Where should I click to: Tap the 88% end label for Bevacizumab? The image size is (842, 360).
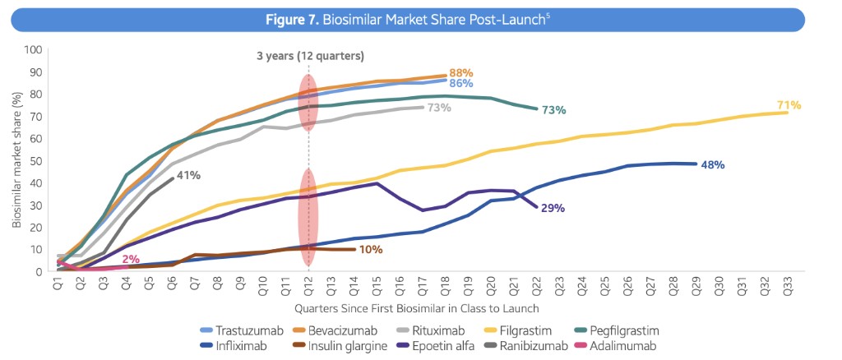tap(461, 72)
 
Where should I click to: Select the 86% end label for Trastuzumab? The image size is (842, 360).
tap(460, 83)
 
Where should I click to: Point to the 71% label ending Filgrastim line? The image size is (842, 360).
tap(789, 105)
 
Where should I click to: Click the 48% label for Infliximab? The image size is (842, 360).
tap(712, 164)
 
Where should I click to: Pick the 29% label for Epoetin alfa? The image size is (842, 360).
tap(553, 208)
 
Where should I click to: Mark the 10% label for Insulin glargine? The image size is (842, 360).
tap(371, 249)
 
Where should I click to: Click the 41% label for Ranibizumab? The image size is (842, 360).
tap(188, 175)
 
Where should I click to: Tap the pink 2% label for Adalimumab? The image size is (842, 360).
tap(130, 259)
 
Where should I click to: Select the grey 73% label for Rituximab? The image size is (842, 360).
tap(439, 108)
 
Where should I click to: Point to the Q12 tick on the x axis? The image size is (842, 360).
tap(308, 284)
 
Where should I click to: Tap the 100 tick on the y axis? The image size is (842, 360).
tap(33, 49)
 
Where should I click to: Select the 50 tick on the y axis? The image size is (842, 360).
tap(35, 160)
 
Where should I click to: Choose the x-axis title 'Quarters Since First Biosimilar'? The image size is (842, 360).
tap(418, 308)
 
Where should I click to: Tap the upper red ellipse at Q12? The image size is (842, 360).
tap(308, 103)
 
